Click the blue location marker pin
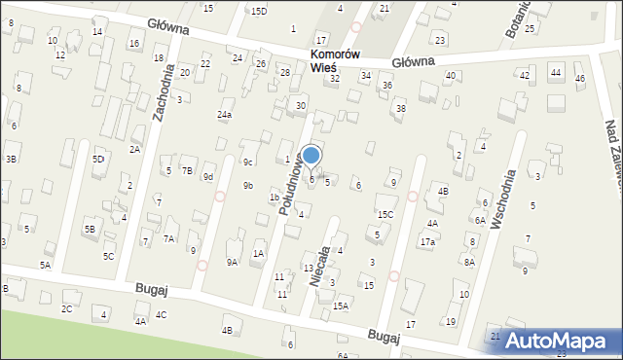click(311, 156)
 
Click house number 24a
click(225, 115)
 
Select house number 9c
click(248, 162)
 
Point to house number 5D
click(98, 159)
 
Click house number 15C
click(385, 214)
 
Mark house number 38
click(400, 108)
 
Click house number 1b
click(275, 198)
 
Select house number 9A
click(232, 262)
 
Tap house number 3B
click(11, 159)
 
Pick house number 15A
click(341, 306)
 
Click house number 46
click(580, 78)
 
